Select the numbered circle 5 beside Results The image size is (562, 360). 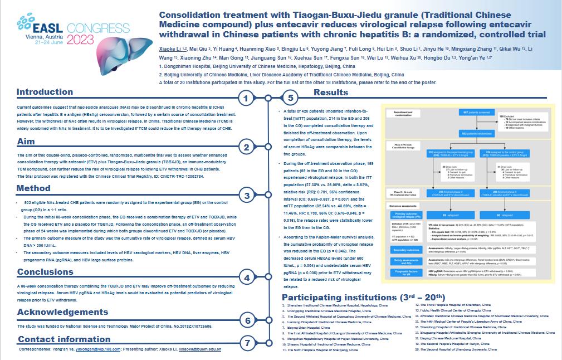tap(290, 99)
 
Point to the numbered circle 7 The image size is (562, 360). tap(247, 342)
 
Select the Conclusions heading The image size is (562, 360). tap(45, 272)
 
